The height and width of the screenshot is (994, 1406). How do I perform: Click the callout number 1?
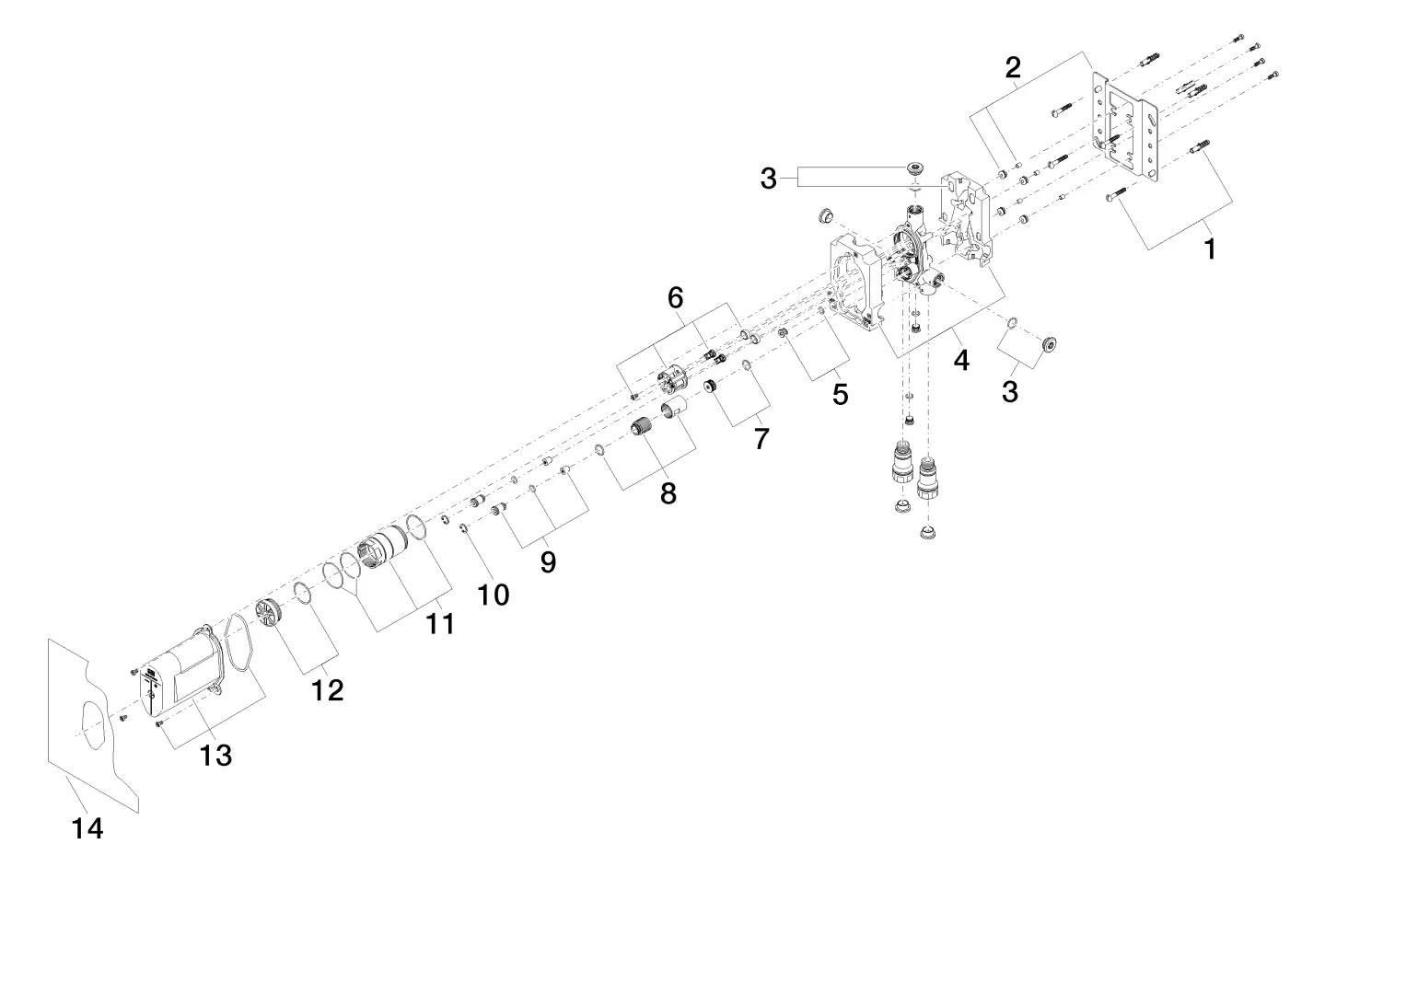click(1210, 248)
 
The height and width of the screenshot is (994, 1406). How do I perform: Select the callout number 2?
click(1013, 67)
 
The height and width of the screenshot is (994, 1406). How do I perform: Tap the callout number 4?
click(961, 361)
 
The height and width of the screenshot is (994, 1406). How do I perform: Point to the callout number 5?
click(840, 394)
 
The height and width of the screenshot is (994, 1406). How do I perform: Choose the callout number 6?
click(676, 297)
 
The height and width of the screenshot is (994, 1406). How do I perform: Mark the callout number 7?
click(761, 439)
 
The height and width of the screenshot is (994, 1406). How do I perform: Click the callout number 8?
click(668, 493)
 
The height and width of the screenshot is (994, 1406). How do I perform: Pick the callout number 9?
click(548, 561)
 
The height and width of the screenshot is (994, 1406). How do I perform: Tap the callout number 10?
click(494, 595)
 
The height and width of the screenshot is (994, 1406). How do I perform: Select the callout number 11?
click(440, 624)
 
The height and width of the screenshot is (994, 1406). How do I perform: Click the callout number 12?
click(327, 689)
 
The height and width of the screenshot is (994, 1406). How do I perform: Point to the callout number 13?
click(216, 756)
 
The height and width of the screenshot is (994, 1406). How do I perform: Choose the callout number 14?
click(87, 829)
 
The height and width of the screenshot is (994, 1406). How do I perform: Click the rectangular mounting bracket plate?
click(1123, 125)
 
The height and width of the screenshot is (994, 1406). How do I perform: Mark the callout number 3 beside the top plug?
click(769, 179)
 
